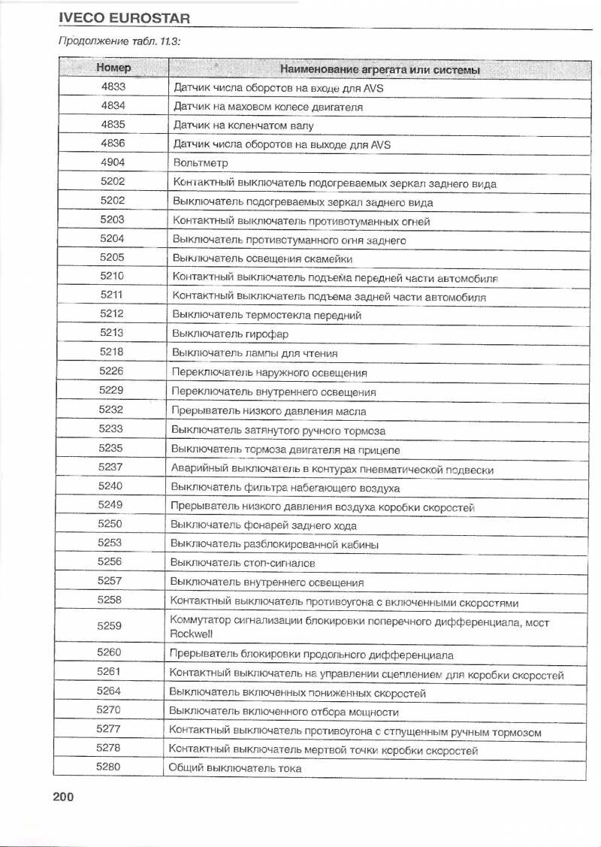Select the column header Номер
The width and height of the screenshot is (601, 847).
coord(113,68)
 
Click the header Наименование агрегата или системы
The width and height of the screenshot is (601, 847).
coord(380,70)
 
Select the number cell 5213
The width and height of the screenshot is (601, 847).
coord(111,332)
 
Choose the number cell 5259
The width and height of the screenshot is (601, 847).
coord(110,625)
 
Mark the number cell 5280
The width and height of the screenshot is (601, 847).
coord(109,767)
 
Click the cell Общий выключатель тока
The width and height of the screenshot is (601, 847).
coord(235,768)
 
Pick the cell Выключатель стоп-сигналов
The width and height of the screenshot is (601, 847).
coord(243,563)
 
